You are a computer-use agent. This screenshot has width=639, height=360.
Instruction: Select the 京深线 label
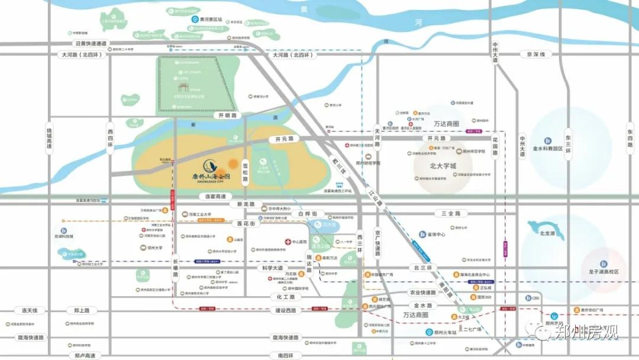pyautogui.click(x=535, y=54)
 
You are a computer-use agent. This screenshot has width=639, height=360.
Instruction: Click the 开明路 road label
pyautogui.click(x=227, y=116)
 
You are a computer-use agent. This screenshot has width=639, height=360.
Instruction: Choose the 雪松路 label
pyautogui.click(x=245, y=168)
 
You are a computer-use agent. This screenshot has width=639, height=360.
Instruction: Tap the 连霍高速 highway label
pyautogui.click(x=220, y=196)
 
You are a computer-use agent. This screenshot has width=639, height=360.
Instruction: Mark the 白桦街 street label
pyautogui.click(x=308, y=213)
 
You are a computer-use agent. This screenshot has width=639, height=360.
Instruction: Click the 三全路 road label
pyautogui.click(x=450, y=213)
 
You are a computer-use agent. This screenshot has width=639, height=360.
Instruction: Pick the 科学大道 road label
pyautogui.click(x=276, y=268)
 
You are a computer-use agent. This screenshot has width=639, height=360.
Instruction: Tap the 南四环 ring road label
pyautogui.click(x=281, y=355)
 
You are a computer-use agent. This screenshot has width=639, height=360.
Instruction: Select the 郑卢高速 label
pyautogui.click(x=82, y=355)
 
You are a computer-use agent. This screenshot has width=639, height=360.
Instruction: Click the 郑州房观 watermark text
pyautogui.click(x=586, y=332)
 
